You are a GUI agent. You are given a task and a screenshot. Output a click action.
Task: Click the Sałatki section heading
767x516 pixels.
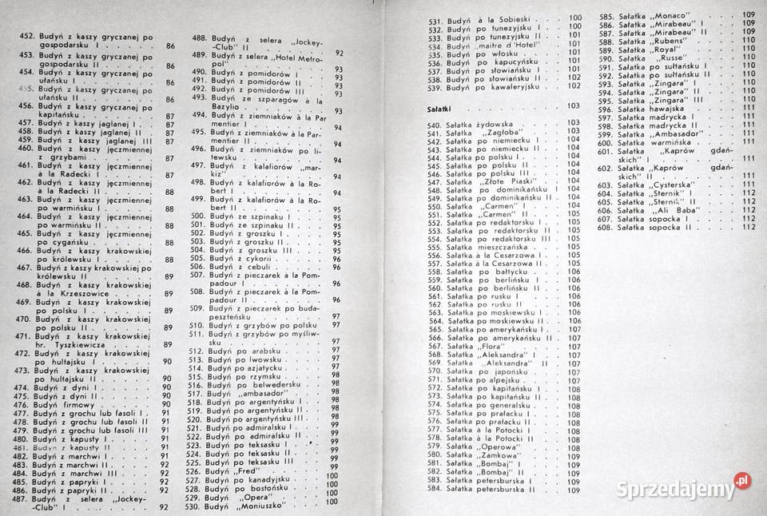[437, 105]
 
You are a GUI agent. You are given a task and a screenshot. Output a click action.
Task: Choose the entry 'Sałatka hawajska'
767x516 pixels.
[656, 109]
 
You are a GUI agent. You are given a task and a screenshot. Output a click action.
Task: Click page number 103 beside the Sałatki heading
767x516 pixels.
[573, 105]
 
